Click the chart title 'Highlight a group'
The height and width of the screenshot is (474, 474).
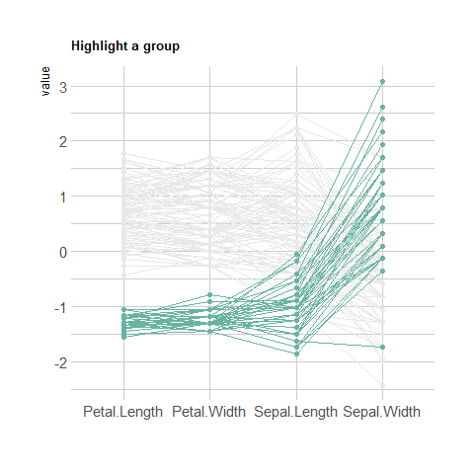(125, 46)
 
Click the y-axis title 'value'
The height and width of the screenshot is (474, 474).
(45, 81)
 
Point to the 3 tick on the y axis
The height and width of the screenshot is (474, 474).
(63, 88)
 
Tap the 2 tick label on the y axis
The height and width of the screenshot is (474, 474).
(63, 142)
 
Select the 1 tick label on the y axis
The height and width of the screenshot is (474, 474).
(63, 197)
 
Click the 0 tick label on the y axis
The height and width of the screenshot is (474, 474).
(63, 253)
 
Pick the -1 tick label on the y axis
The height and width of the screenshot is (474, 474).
(61, 308)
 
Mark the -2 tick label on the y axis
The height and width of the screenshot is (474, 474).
(61, 363)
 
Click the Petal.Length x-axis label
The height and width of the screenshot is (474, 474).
(123, 412)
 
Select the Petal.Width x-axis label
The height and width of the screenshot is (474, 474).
(209, 412)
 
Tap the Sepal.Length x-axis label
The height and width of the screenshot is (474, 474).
(295, 412)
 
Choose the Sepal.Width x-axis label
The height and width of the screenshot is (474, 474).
(382, 412)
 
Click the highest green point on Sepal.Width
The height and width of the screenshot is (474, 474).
(382, 82)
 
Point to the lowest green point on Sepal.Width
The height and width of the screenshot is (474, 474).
(382, 347)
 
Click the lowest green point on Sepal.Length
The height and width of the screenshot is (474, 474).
(296, 354)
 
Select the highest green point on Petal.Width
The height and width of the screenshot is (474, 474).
(210, 294)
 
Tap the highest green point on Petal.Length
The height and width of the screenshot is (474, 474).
(124, 310)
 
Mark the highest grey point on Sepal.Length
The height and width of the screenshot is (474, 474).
(296, 115)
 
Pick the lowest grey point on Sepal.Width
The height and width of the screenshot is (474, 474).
(382, 385)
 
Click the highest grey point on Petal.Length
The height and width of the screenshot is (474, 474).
(124, 154)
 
